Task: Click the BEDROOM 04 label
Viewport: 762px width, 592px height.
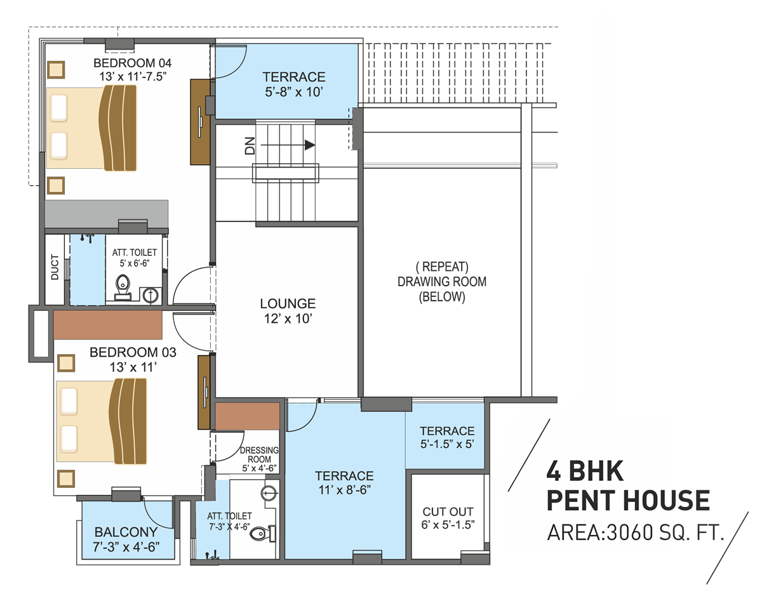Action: pyautogui.click(x=133, y=63)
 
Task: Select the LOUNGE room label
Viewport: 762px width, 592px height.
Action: pyautogui.click(x=288, y=304)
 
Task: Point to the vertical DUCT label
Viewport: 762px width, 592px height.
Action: pyautogui.click(x=55, y=268)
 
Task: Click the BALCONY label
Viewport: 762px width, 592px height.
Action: pyautogui.click(x=125, y=532)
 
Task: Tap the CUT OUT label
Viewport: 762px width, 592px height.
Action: pyautogui.click(x=448, y=511)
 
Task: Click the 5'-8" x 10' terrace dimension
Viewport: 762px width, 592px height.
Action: pyautogui.click(x=294, y=91)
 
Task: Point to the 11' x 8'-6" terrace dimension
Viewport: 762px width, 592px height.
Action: pyautogui.click(x=344, y=489)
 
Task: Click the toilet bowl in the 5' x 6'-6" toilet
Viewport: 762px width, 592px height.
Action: pyautogui.click(x=123, y=286)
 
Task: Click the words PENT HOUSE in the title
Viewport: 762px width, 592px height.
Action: pyautogui.click(x=628, y=501)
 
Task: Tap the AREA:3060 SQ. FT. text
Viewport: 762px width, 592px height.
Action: pyautogui.click(x=636, y=532)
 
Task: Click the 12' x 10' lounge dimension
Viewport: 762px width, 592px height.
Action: pyautogui.click(x=288, y=319)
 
